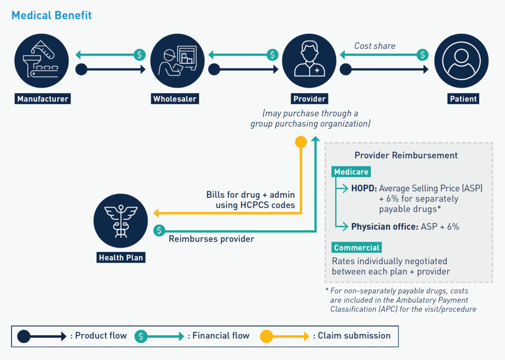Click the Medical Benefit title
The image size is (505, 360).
pyautogui.click(x=51, y=15)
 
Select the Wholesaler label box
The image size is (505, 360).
pyautogui.click(x=175, y=99)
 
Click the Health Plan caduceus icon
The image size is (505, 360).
pyautogui.click(x=121, y=220)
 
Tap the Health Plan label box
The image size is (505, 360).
pyautogui.click(x=121, y=257)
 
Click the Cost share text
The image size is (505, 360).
pyautogui.click(x=374, y=46)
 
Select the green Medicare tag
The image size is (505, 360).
pyautogui.click(x=351, y=172)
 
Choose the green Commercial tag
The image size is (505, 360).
pyautogui.click(x=357, y=248)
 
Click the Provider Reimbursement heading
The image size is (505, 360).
pyautogui.click(x=406, y=155)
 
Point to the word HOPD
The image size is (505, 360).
pyautogui.click(x=363, y=188)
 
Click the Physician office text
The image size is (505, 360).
pyautogui.click(x=384, y=227)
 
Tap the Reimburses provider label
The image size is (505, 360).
pyautogui.click(x=211, y=239)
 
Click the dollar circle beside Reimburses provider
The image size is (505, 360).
pyautogui.click(x=159, y=230)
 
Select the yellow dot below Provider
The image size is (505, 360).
pyautogui.click(x=300, y=143)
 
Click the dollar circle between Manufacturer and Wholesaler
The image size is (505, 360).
pyautogui.click(x=140, y=55)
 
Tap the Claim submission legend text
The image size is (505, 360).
pyautogui.click(x=354, y=336)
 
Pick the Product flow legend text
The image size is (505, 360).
pyautogui.click(x=98, y=336)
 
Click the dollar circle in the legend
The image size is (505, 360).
pyautogui.click(x=141, y=336)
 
